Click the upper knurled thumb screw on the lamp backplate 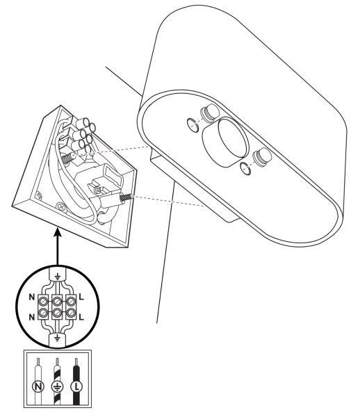tap(209, 113)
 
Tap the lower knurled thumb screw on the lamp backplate tap(262, 156)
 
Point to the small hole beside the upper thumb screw tap(193, 125)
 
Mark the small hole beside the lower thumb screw tap(245, 168)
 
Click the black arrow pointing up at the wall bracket tap(58, 247)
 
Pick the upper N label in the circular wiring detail tap(32, 297)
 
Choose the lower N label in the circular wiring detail tap(32, 317)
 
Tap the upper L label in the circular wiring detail tap(81, 297)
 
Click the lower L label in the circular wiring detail tap(81, 317)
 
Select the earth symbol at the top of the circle tap(57, 277)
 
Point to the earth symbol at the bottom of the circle tap(56, 338)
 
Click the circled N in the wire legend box tap(38, 386)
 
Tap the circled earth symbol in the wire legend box tap(57, 386)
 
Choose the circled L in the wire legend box tap(76, 386)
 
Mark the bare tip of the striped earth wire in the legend tap(57, 362)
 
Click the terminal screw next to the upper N tap(43, 302)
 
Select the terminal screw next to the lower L tap(70, 313)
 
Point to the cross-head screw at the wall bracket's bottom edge tap(61, 206)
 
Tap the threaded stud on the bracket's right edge tap(126, 197)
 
